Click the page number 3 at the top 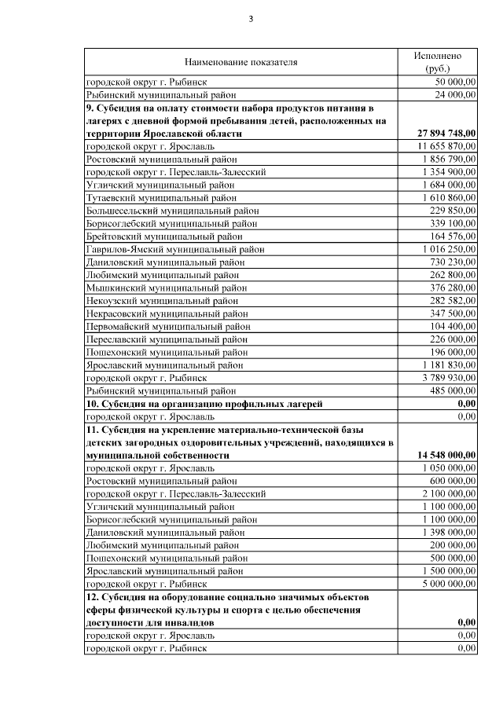[251, 19]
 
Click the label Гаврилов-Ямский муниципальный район [174, 249]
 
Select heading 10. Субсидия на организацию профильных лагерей [205, 403]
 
